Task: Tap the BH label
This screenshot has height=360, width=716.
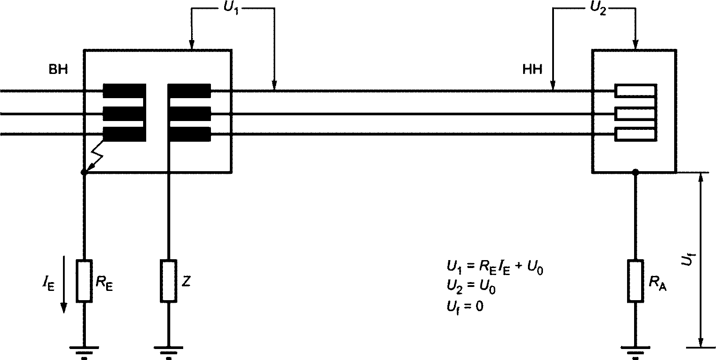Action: tap(58, 70)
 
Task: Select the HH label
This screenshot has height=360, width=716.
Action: tap(532, 70)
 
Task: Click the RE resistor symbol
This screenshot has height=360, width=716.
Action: tap(84, 281)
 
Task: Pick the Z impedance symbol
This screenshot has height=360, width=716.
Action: tap(169, 281)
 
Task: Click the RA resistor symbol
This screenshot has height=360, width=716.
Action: tap(635, 281)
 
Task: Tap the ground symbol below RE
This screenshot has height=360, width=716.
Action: tap(84, 351)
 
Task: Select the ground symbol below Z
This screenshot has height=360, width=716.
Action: tap(169, 351)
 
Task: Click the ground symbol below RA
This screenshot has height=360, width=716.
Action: tap(635, 351)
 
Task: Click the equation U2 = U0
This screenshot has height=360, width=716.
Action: tap(471, 287)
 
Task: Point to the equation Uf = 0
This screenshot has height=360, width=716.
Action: tap(465, 307)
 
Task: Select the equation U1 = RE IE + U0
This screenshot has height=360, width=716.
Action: tap(495, 268)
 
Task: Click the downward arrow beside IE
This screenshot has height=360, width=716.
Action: tap(64, 284)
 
